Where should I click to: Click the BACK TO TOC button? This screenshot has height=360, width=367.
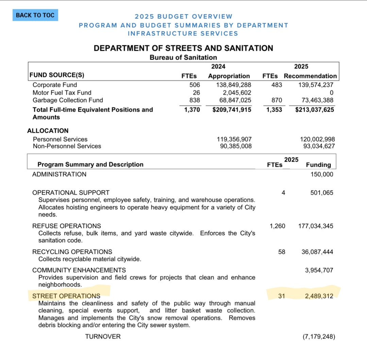tap(35, 15)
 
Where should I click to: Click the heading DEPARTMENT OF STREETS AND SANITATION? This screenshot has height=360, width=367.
tap(183, 48)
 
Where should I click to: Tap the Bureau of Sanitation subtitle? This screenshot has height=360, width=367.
tap(183, 58)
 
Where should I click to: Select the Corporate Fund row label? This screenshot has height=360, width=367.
tap(55, 85)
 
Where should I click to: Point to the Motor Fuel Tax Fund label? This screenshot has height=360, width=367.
tap(62, 93)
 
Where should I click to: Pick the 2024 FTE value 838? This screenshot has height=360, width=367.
tap(195, 100)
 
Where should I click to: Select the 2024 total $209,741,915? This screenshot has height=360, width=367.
tap(232, 110)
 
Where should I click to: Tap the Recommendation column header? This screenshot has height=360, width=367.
tap(310, 76)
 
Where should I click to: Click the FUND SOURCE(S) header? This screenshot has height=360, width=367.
tap(57, 75)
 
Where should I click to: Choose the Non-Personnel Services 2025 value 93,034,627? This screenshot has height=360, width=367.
tap(319, 146)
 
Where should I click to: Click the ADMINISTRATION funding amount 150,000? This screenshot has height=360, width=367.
tap(322, 174)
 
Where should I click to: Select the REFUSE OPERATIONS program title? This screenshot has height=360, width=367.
tap(67, 226)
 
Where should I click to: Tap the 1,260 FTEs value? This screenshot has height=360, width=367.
tap(277, 226)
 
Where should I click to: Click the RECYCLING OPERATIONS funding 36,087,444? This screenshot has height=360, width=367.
tap(317, 252)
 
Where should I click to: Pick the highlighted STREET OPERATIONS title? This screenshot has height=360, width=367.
tap(66, 296)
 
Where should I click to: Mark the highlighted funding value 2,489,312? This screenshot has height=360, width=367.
tap(319, 296)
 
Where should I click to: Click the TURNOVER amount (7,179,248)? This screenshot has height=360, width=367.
tap(319, 337)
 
